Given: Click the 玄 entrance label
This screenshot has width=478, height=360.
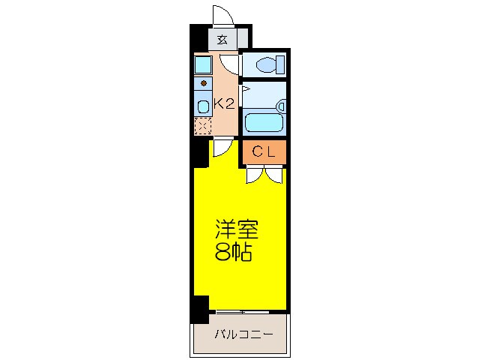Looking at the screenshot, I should [222, 40].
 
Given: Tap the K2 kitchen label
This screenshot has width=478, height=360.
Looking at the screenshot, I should [225, 104].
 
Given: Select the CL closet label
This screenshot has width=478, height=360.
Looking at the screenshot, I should [263, 152].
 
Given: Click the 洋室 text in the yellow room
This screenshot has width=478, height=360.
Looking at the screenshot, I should [237, 228].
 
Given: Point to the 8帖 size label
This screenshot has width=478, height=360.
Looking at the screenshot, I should [233, 252].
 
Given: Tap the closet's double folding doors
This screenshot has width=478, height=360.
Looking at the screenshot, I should [263, 175].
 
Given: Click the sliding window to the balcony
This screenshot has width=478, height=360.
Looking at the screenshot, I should [240, 311].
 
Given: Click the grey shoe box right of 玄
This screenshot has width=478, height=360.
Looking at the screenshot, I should [243, 37].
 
